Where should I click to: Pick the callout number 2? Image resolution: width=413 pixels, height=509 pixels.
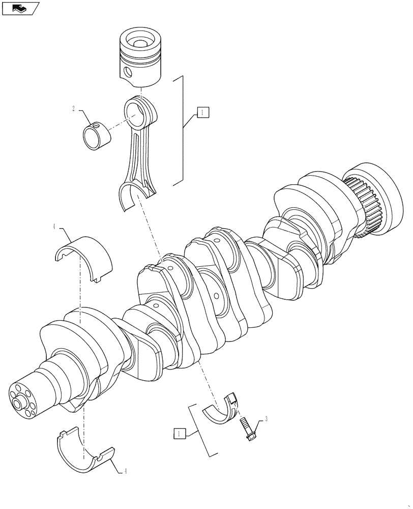click(74, 109)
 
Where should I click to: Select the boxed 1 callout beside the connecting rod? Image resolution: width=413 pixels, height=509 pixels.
click(202, 112)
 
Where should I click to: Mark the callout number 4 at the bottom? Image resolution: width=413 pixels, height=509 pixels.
click(125, 471)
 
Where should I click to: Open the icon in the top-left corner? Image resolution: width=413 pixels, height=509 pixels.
click(20, 8)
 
